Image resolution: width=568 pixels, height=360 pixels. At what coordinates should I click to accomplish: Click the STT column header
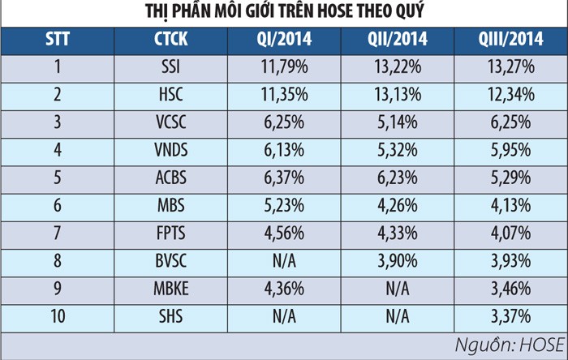(x=58, y=40)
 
